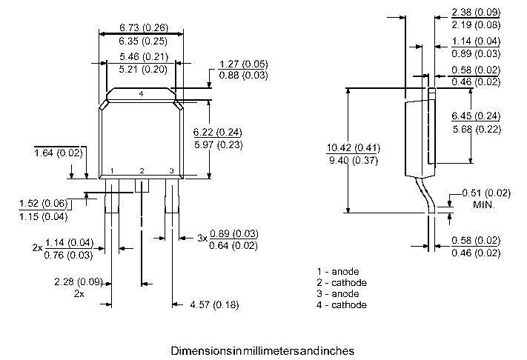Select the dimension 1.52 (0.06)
tap(43, 203)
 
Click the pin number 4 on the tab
tap(141, 95)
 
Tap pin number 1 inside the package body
tap(111, 171)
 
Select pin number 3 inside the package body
tap(171, 171)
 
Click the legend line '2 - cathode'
tap(341, 282)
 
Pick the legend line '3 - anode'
tap(338, 293)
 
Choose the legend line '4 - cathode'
tap(341, 304)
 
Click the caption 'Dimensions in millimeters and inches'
tap(263, 349)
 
